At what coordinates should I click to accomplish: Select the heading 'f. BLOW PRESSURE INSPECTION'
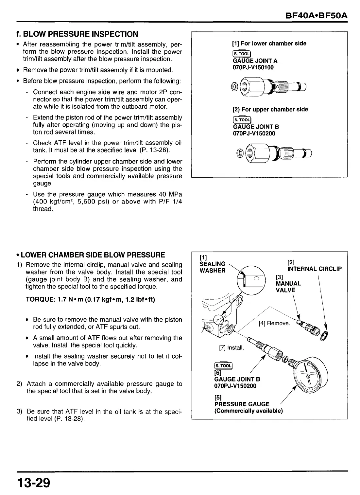(x=77, y=34)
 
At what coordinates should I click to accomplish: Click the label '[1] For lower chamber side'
(x=269, y=44)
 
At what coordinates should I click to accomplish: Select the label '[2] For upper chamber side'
(x=270, y=110)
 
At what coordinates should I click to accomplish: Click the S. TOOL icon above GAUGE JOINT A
(x=241, y=54)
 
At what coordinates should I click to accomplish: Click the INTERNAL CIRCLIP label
(x=314, y=269)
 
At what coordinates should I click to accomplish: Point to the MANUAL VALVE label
(x=288, y=287)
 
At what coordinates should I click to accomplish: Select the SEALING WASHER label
(x=213, y=267)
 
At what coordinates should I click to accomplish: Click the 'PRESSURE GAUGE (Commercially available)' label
(x=248, y=407)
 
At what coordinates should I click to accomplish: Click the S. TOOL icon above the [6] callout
(x=223, y=366)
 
